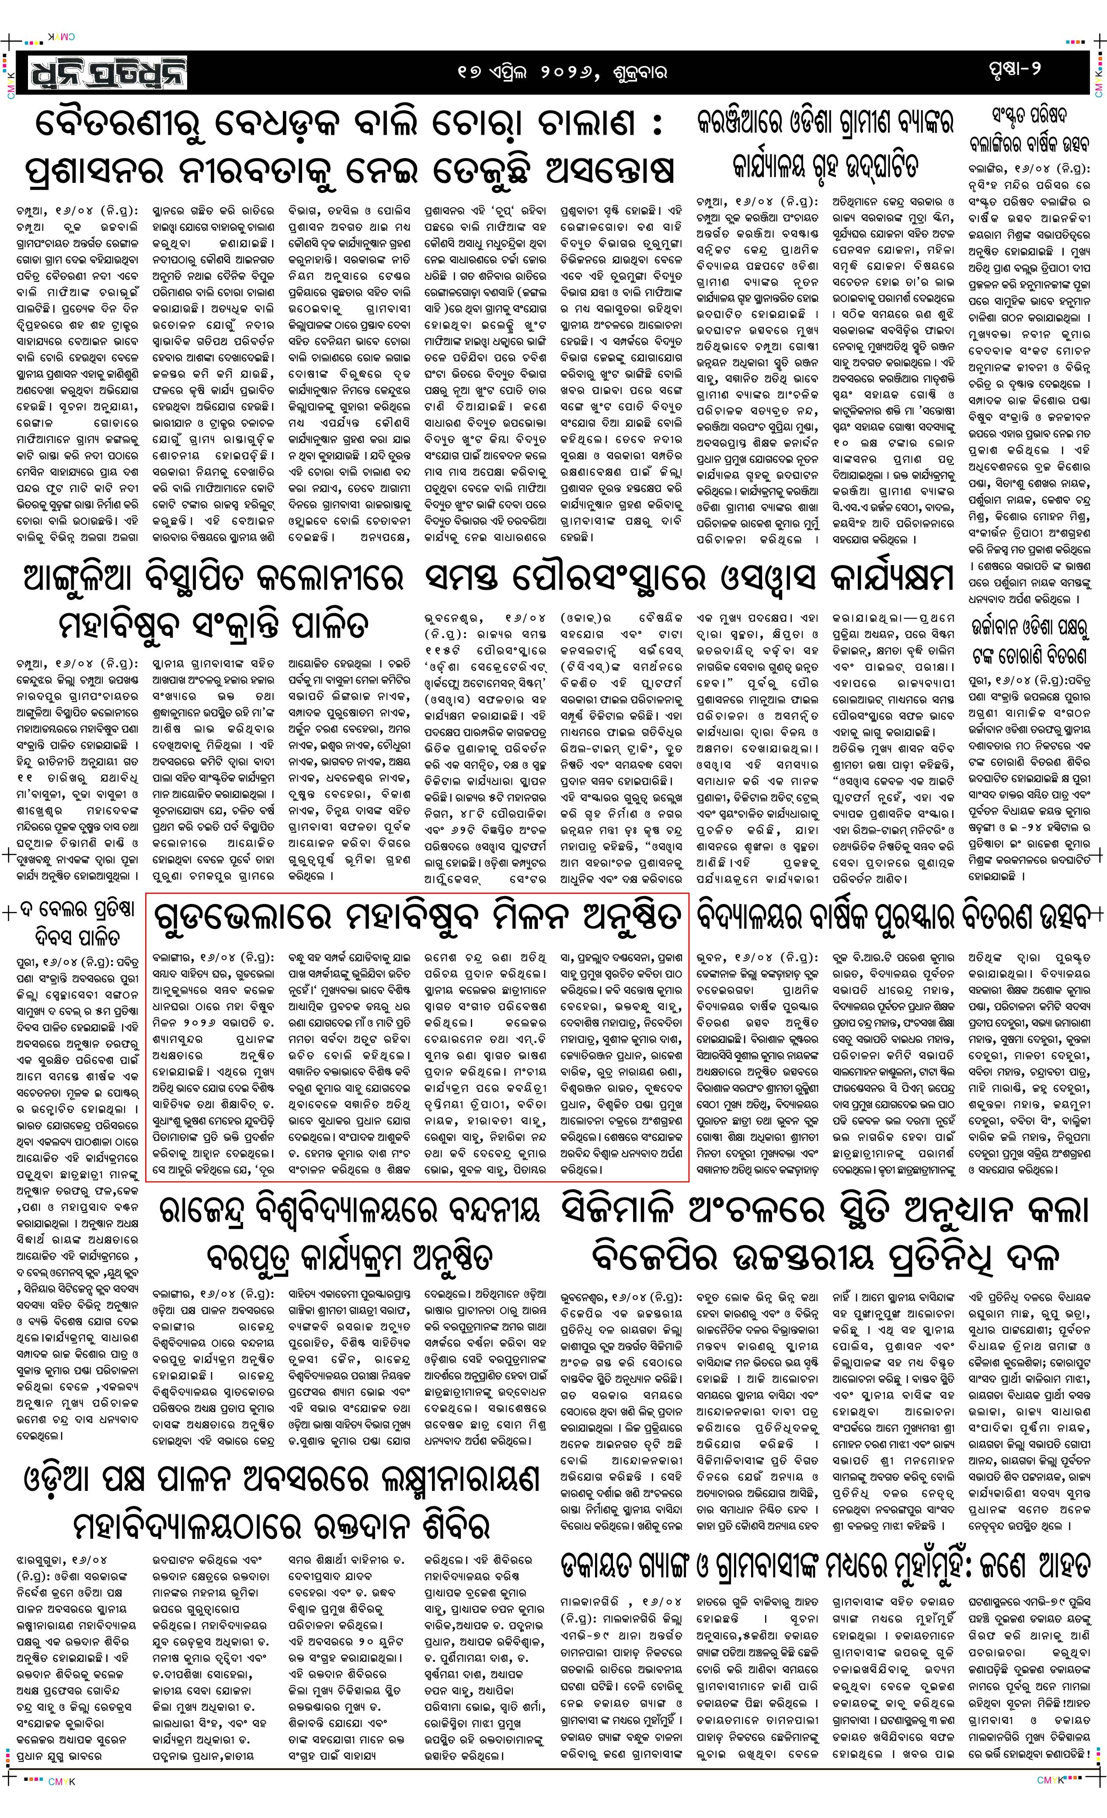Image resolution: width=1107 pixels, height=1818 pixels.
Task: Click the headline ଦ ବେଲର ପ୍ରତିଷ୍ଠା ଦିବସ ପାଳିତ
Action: pyautogui.click(x=76, y=924)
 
